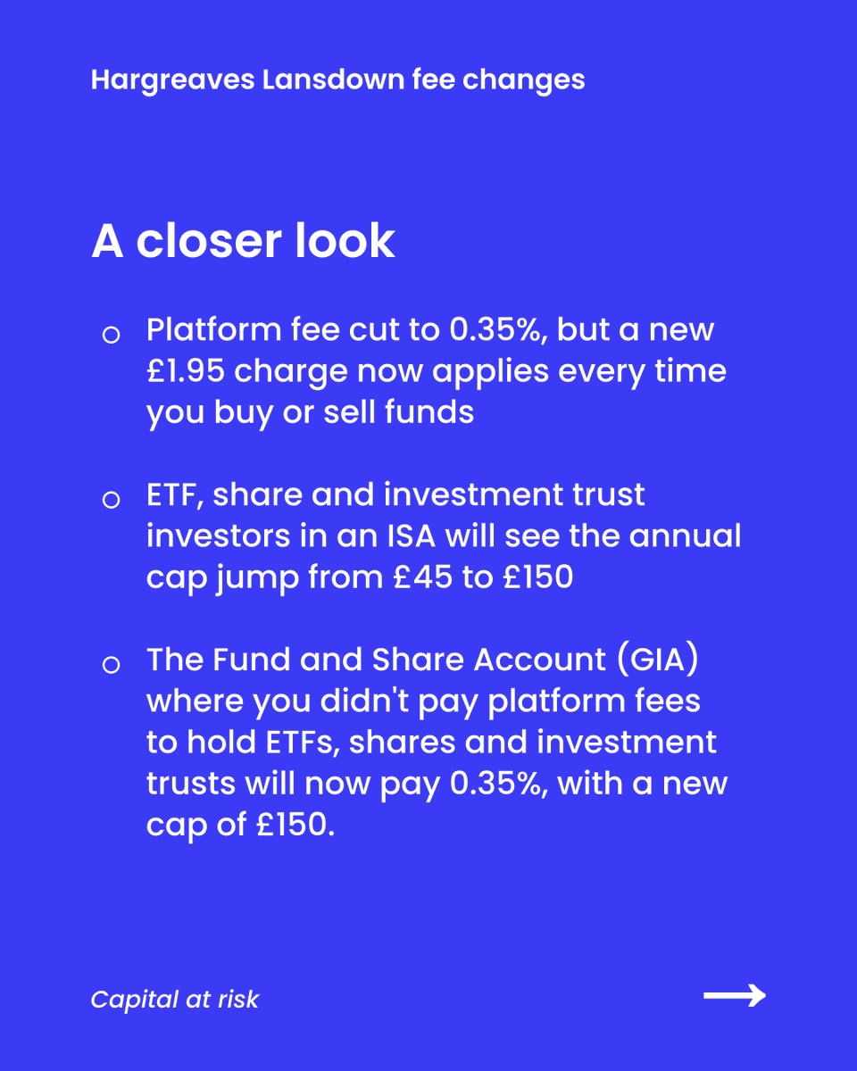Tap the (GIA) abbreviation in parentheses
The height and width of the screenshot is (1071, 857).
[x=660, y=660]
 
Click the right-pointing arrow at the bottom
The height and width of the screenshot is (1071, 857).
[x=735, y=996]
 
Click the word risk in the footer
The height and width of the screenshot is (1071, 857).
[x=237, y=1000]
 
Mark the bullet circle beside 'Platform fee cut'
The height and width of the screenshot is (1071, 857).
[x=111, y=336]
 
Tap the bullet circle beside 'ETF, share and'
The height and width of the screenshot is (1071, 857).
[x=111, y=500]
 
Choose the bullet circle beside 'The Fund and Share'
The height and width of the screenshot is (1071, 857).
[x=111, y=665]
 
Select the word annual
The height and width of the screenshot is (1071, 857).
[x=685, y=536]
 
